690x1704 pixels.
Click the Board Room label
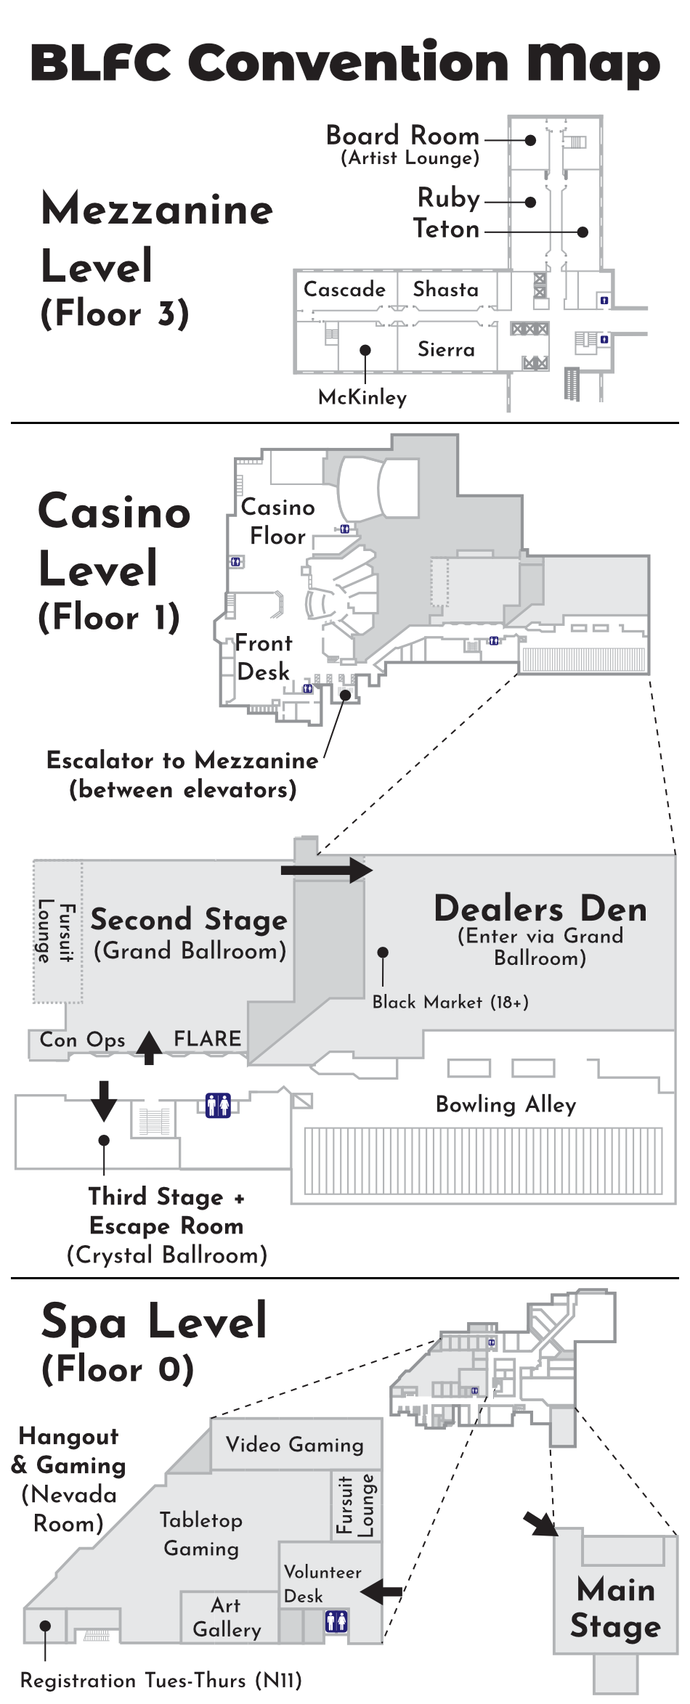click(402, 136)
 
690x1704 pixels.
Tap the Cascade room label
click(344, 289)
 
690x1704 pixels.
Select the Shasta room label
click(445, 289)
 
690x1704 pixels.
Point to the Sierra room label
click(446, 349)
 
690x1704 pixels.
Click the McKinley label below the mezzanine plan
click(362, 397)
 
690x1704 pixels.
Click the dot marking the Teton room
click(583, 232)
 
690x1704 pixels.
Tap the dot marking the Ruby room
click(531, 203)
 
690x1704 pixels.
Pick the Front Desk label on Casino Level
click(263, 657)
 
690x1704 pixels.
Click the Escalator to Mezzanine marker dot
click(346, 695)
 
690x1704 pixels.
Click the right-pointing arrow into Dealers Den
click(327, 869)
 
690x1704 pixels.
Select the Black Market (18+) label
click(450, 1002)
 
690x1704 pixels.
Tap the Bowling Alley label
click(506, 1104)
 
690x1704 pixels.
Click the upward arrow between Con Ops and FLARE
click(150, 1047)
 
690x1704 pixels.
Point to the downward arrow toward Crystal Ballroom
click(104, 1101)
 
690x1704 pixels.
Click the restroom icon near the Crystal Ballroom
click(218, 1105)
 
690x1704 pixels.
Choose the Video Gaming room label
click(294, 1444)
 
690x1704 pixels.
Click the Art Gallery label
click(227, 1617)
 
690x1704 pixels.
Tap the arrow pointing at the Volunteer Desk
click(381, 1592)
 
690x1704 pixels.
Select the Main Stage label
click(615, 1607)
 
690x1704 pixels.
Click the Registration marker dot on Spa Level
click(45, 1626)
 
